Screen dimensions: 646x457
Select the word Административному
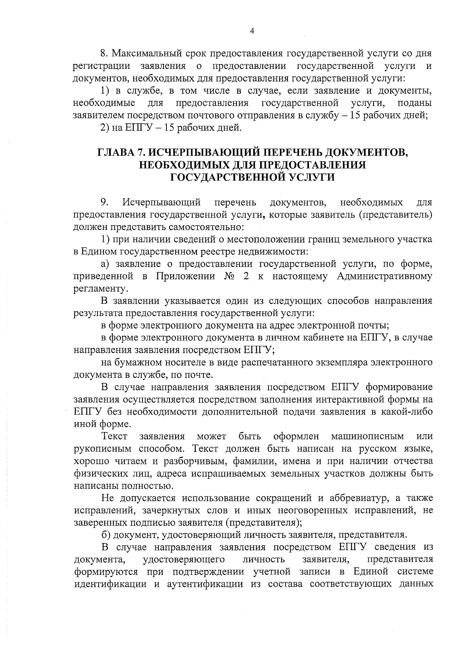(x=384, y=276)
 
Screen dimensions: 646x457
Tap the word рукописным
(x=100, y=449)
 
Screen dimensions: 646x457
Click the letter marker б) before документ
(x=106, y=535)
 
